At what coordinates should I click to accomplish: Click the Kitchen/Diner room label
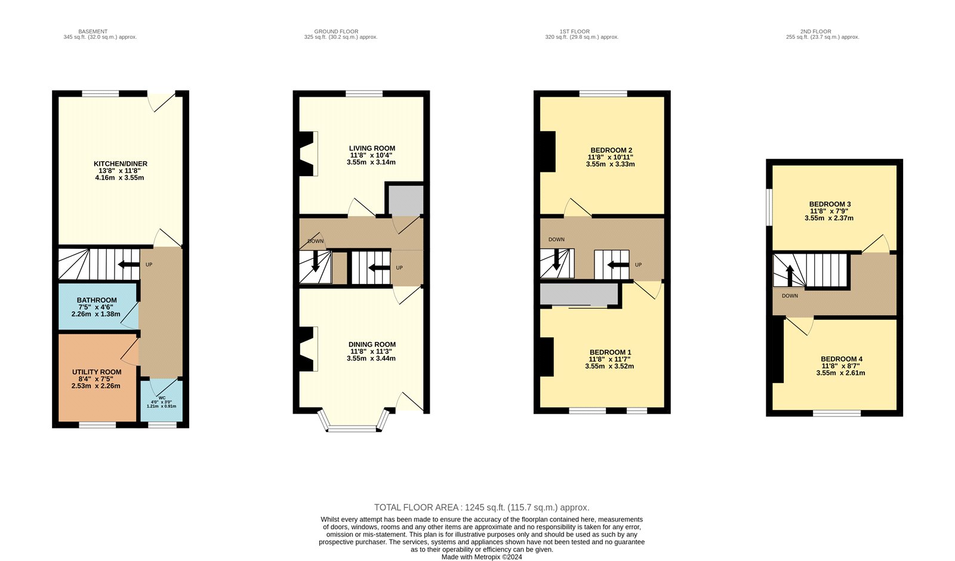(121, 164)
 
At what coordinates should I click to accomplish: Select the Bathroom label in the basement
(97, 300)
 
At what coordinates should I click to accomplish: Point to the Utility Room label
(97, 372)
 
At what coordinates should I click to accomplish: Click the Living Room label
(372, 149)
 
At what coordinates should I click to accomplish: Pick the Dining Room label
(372, 344)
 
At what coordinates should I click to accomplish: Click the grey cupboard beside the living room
(405, 200)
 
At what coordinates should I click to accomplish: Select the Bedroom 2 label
(611, 150)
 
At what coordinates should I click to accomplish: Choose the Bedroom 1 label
(610, 352)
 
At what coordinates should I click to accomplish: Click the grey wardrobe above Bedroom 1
(579, 295)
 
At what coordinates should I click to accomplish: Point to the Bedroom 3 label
(830, 204)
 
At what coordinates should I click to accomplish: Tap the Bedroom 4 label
(841, 359)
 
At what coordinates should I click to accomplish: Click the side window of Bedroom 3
(769, 207)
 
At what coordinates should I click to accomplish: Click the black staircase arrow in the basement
(128, 265)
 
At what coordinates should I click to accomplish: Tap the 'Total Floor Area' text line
(482, 507)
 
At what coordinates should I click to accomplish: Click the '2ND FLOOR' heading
(815, 32)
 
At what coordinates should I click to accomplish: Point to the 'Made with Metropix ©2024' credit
(482, 557)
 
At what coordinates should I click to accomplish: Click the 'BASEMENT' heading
(93, 32)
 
